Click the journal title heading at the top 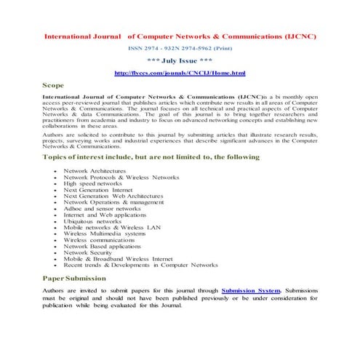(x=180, y=36)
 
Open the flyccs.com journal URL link (x=180, y=73)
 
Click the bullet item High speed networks (x=92, y=184)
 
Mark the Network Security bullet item (x=87, y=252)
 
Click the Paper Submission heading (x=74, y=278)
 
